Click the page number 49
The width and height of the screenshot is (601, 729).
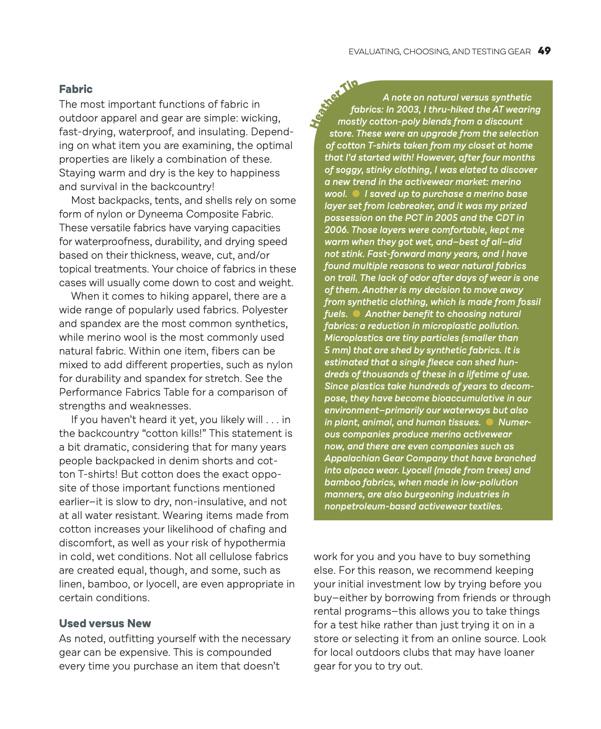tap(544, 51)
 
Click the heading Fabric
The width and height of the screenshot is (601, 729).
tap(76, 89)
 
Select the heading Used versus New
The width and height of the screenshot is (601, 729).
tap(105, 623)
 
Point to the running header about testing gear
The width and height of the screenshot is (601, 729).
tap(439, 52)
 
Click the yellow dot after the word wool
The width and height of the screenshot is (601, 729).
tap(356, 193)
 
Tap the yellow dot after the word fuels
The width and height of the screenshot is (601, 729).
tap(357, 314)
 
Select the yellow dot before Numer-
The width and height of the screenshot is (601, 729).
tap(490, 422)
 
